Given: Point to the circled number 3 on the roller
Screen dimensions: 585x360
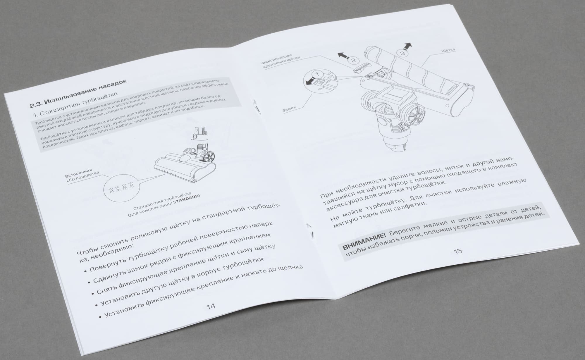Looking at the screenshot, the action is (x=403, y=53).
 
